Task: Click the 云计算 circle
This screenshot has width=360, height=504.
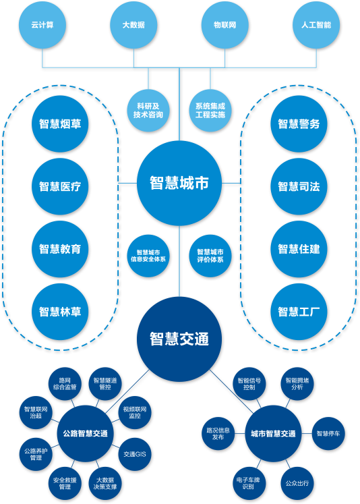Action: pyautogui.click(x=42, y=25)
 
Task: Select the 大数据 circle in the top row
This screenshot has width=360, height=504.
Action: pyautogui.click(x=133, y=25)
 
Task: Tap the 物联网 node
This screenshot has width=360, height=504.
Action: pyautogui.click(x=224, y=25)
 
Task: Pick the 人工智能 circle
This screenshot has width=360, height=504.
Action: pyautogui.click(x=316, y=25)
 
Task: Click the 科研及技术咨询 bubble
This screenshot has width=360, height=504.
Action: pyautogui.click(x=148, y=110)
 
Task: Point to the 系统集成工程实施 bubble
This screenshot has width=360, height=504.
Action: pyautogui.click(x=210, y=110)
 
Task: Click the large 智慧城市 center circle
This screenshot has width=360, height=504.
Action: pyautogui.click(x=179, y=184)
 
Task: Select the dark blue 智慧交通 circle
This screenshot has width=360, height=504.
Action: pyautogui.click(x=179, y=339)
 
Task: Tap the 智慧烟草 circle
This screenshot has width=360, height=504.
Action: pyautogui.click(x=60, y=123)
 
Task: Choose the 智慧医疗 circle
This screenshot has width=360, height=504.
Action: pyautogui.click(x=60, y=186)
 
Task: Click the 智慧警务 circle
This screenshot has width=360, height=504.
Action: pyautogui.click(x=299, y=123)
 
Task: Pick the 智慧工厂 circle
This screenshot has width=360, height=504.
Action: pyautogui.click(x=299, y=312)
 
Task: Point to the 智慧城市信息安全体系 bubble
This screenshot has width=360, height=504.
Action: pyautogui.click(x=148, y=256)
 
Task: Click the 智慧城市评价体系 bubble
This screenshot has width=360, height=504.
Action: pyautogui.click(x=210, y=256)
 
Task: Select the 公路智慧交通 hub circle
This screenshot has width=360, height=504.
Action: pyautogui.click(x=86, y=434)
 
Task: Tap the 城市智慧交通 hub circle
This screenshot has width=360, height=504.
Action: pyautogui.click(x=273, y=434)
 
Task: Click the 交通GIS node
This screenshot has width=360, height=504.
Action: pyautogui.click(x=135, y=454)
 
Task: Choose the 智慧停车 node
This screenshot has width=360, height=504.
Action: pyautogui.click(x=328, y=434)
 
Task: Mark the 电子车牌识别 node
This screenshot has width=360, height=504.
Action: pyautogui.click(x=248, y=483)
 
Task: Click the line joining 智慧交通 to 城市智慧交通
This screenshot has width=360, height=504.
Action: pyautogui.click(x=231, y=391)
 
